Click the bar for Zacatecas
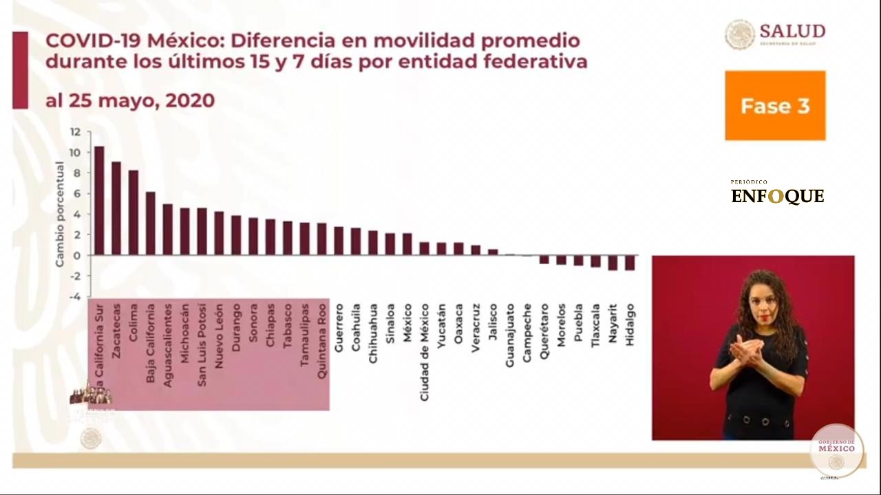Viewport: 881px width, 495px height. tap(116, 208)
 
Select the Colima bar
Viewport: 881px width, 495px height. tap(134, 212)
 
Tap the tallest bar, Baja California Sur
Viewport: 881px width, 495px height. tap(99, 200)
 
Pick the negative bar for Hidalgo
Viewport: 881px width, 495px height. tap(630, 263)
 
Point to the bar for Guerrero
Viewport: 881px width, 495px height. tap(339, 241)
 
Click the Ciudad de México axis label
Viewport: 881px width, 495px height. tap(425, 352)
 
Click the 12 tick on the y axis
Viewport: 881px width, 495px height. tap(75, 132)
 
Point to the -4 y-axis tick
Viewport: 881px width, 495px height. tap(75, 297)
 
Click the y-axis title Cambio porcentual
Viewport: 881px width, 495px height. tap(60, 214)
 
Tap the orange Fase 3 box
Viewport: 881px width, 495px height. tap(775, 106)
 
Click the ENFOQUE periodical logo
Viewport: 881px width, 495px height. tap(777, 196)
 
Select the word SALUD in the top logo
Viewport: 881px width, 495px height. tap(792, 31)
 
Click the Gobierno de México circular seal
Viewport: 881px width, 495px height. tap(836, 450)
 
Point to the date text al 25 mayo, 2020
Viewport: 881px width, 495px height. tap(130, 101)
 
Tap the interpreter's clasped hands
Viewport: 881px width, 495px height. tap(746, 350)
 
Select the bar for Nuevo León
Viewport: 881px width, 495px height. tap(219, 233)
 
